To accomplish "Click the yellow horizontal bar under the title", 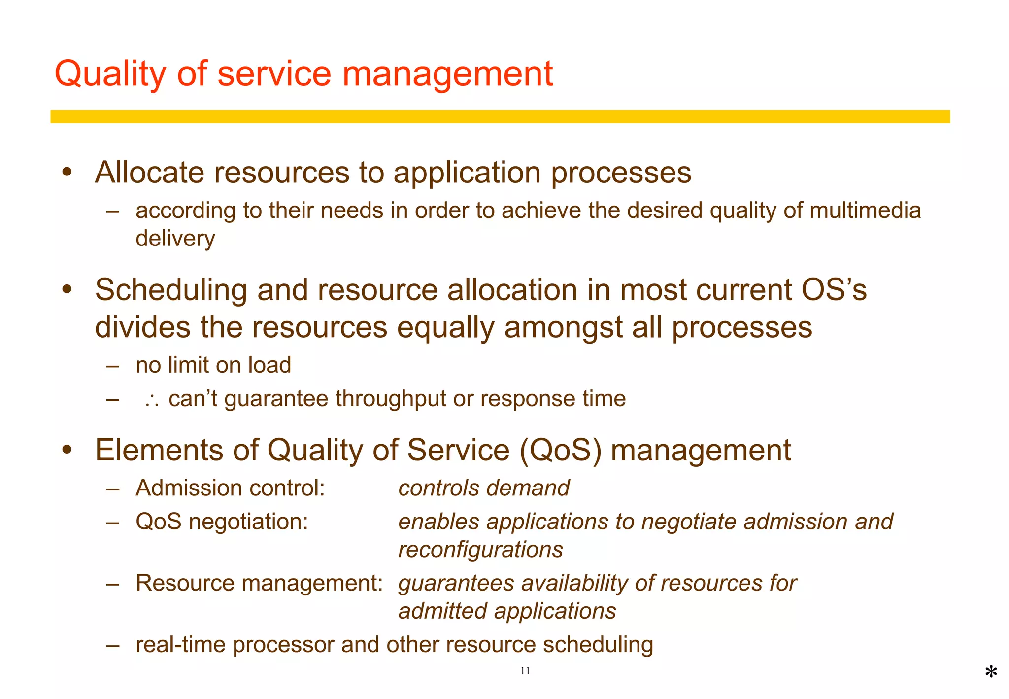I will pyautogui.click(x=500, y=117).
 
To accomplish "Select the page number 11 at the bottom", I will pyautogui.click(x=525, y=671).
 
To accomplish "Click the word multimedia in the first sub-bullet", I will pyautogui.click(x=865, y=210).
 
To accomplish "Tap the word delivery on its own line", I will pyautogui.click(x=175, y=239).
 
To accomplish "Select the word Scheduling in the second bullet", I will pyautogui.click(x=171, y=290).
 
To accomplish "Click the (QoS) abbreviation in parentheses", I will pyautogui.click(x=561, y=450).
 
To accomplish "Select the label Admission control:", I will pyautogui.click(x=230, y=488).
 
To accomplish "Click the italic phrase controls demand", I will pyautogui.click(x=484, y=488).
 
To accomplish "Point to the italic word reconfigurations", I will pyautogui.click(x=480, y=550).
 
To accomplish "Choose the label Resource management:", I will pyautogui.click(x=259, y=583).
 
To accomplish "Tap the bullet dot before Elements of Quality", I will pyautogui.click(x=67, y=450).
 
